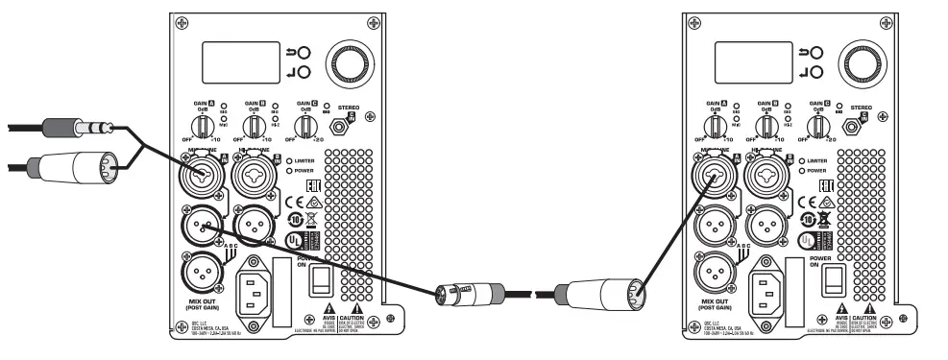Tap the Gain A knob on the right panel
click(x=714, y=126)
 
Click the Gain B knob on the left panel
click(x=257, y=126)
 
